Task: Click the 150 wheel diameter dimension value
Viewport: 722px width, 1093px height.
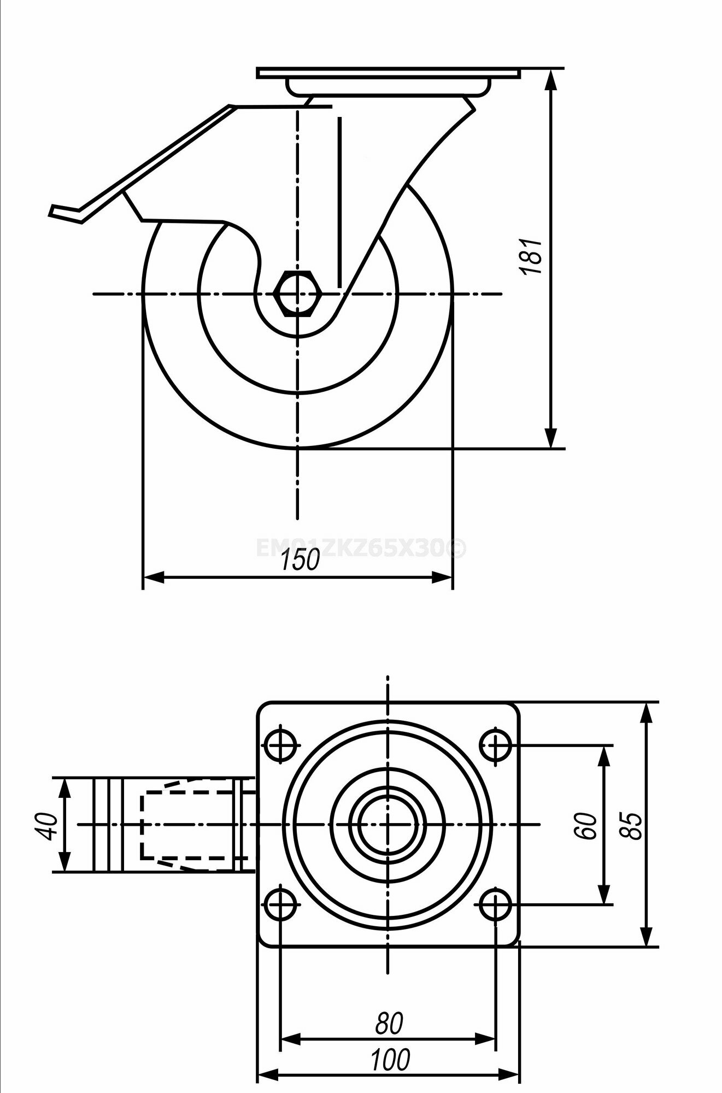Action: click(x=300, y=560)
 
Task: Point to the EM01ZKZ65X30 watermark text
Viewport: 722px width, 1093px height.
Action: click(x=361, y=548)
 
